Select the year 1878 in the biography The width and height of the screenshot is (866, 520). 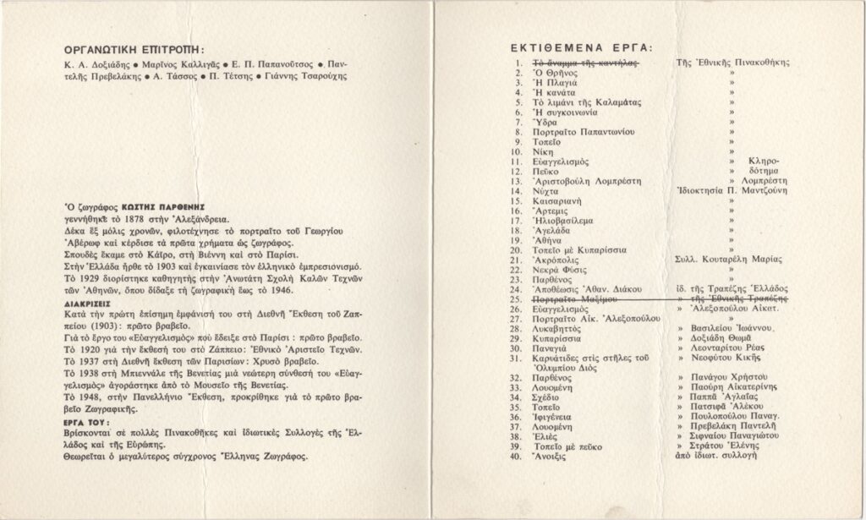[x=129, y=217]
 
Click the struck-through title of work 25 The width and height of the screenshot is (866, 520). [x=574, y=299]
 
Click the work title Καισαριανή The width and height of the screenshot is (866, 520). [x=562, y=203]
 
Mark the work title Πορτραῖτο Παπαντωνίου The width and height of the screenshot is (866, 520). [x=584, y=131]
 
